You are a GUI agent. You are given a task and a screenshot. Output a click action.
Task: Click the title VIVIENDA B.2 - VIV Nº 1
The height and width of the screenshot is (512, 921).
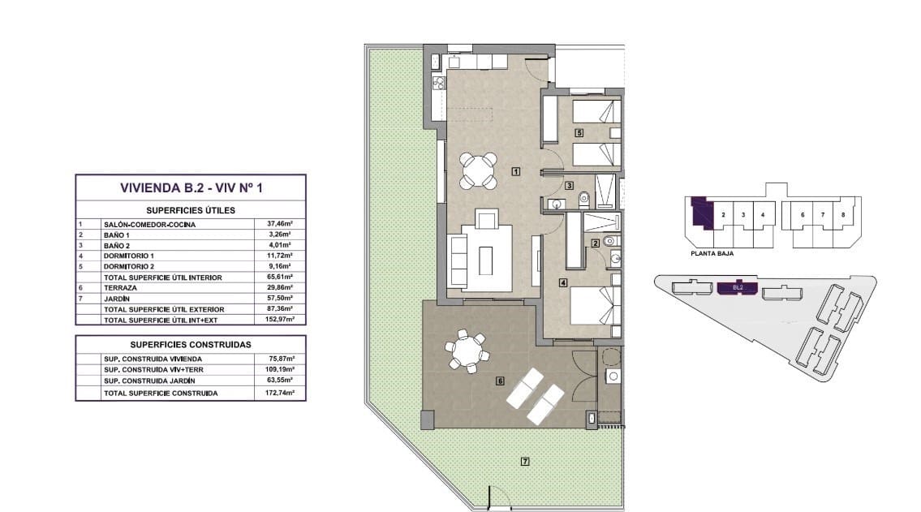[x=191, y=188]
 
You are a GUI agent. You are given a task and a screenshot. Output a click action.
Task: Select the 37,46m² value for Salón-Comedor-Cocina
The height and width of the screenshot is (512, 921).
[x=280, y=224]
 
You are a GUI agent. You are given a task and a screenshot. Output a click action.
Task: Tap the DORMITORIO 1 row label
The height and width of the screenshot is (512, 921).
[x=129, y=256]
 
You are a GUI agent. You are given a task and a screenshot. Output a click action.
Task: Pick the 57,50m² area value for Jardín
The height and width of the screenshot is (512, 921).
[x=280, y=299]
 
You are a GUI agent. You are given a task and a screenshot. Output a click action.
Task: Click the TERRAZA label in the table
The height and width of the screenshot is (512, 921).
[x=120, y=288]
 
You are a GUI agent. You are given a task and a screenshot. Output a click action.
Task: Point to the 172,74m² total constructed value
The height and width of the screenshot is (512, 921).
[x=280, y=393]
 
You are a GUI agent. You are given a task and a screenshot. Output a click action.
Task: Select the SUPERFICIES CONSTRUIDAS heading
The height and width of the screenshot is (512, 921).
[x=191, y=345]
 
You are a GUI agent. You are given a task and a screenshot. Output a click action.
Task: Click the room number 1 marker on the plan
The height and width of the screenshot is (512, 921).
[x=516, y=171]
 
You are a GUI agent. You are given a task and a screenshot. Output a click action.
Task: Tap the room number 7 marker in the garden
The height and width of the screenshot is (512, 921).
[x=525, y=462]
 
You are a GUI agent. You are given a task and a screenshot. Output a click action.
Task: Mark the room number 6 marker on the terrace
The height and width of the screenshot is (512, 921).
[x=501, y=381]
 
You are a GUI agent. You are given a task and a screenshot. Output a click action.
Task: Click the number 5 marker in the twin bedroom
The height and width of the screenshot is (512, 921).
[x=579, y=133]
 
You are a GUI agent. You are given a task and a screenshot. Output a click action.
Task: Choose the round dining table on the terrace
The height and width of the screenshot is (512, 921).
[x=467, y=351]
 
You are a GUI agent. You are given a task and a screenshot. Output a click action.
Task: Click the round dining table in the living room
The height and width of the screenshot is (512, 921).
[x=478, y=170]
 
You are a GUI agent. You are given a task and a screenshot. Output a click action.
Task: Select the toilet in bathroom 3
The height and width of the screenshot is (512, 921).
[x=584, y=200]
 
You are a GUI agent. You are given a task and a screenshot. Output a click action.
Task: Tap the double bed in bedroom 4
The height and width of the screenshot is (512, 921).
[x=596, y=305]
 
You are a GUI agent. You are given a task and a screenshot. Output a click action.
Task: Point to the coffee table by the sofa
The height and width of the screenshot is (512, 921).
[x=485, y=260]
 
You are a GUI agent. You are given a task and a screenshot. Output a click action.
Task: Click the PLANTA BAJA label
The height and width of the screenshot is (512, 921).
[x=712, y=254]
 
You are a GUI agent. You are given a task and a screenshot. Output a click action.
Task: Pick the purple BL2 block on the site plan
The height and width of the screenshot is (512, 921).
[x=738, y=288]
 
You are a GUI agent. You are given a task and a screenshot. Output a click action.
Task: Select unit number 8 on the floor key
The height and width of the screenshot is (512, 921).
[x=843, y=215]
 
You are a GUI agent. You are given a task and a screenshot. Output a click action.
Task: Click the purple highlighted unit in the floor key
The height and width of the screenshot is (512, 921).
[x=701, y=213]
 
